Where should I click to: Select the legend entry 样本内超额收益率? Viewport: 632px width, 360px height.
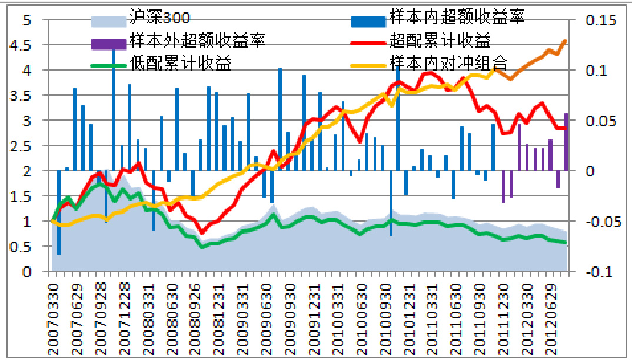(456, 16)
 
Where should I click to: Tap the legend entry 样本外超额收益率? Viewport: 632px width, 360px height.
(198, 41)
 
